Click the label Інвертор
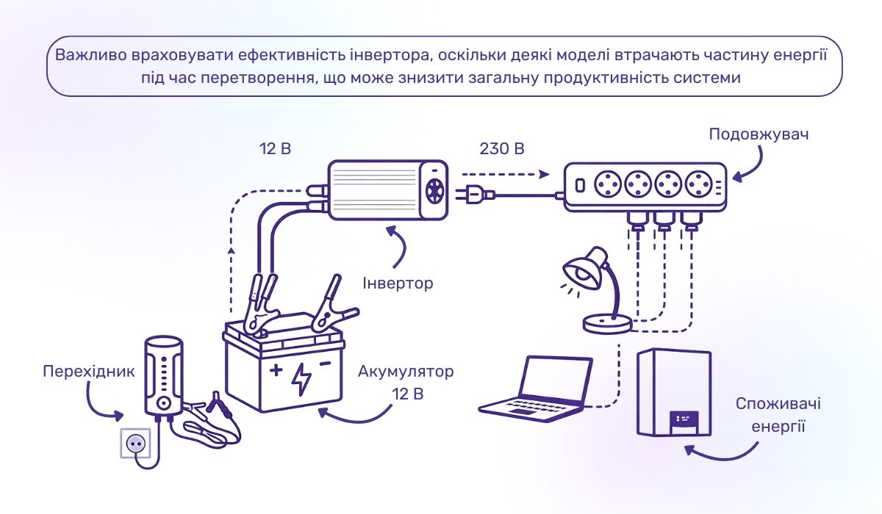[x=398, y=283]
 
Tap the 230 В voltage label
[x=503, y=149]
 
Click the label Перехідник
[x=88, y=371]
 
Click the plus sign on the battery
[x=275, y=369]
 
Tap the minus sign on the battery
[x=326, y=362]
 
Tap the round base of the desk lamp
[x=606, y=324]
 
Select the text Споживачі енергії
[x=778, y=415]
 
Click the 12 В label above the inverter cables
[x=275, y=149]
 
